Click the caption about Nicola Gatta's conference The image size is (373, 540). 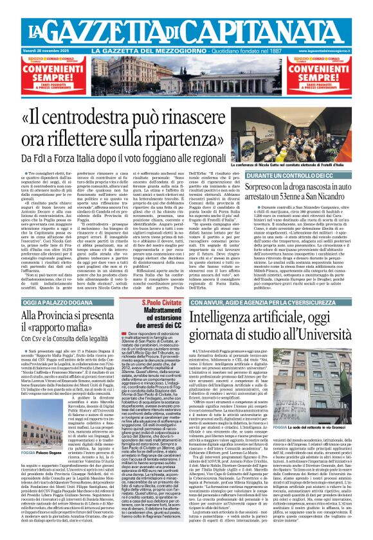point(316,165)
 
